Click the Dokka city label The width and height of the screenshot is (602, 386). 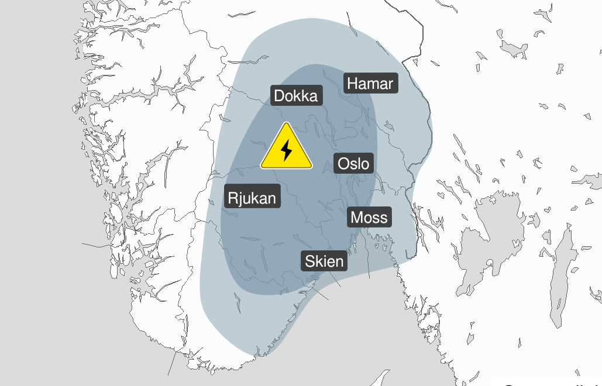pyautogui.click(x=297, y=96)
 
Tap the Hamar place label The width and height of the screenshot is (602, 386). pyautogui.click(x=370, y=84)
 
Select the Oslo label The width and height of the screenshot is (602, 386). pyautogui.click(x=354, y=164)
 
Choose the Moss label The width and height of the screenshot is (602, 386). pyautogui.click(x=369, y=218)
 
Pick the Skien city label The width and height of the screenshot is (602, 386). pyautogui.click(x=324, y=261)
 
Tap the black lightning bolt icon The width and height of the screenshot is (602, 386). pyautogui.click(x=286, y=150)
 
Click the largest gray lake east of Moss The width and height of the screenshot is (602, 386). pyautogui.click(x=486, y=234)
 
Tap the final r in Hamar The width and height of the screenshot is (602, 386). pyautogui.click(x=390, y=85)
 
